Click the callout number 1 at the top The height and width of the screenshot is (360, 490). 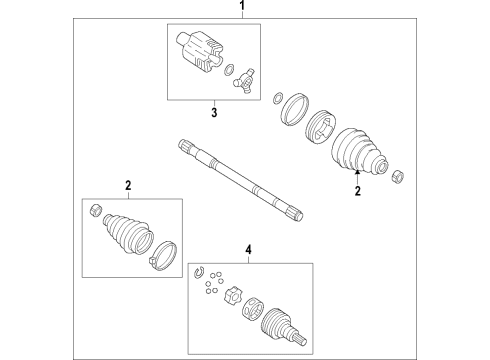click(x=241, y=8)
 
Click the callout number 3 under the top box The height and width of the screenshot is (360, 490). click(x=212, y=113)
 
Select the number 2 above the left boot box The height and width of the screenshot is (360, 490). click(x=128, y=185)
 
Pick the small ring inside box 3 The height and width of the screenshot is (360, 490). click(x=229, y=69)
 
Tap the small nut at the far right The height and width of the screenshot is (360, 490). click(x=398, y=174)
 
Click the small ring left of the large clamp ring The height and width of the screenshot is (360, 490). click(x=277, y=98)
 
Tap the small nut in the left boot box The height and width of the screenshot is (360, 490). click(x=95, y=210)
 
